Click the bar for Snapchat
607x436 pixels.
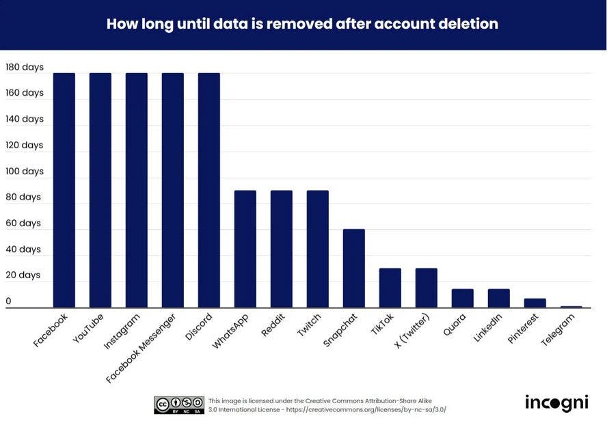click(353, 268)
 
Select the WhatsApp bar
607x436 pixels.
click(245, 249)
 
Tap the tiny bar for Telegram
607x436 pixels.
click(571, 307)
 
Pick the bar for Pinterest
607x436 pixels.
click(535, 303)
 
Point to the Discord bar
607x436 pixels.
click(208, 190)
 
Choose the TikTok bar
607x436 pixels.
click(390, 288)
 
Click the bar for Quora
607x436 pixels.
click(462, 298)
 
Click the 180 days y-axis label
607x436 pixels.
click(25, 67)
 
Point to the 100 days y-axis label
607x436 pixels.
click(25, 171)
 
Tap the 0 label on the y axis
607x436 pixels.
click(8, 301)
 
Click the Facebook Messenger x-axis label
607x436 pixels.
click(142, 347)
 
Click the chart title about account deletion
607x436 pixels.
click(302, 24)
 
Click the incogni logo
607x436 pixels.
click(556, 403)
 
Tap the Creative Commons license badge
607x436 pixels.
click(178, 405)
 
